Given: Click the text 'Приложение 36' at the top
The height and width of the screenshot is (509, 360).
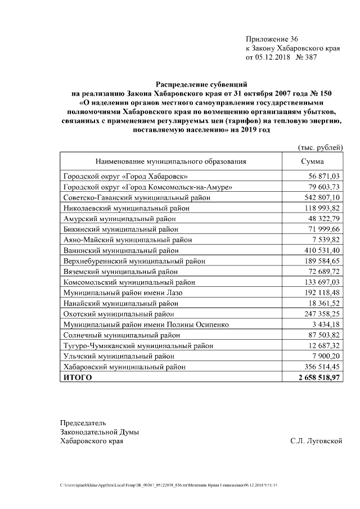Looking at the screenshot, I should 272,39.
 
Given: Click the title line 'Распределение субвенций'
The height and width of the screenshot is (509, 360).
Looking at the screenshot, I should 201,84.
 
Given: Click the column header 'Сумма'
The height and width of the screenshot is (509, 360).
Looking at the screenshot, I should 312,161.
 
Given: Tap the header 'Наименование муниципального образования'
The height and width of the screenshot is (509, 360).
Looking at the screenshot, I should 170,161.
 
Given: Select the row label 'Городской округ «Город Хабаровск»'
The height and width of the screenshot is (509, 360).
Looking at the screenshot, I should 126,176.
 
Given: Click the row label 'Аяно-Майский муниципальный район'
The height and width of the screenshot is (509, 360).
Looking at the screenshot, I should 128,240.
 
